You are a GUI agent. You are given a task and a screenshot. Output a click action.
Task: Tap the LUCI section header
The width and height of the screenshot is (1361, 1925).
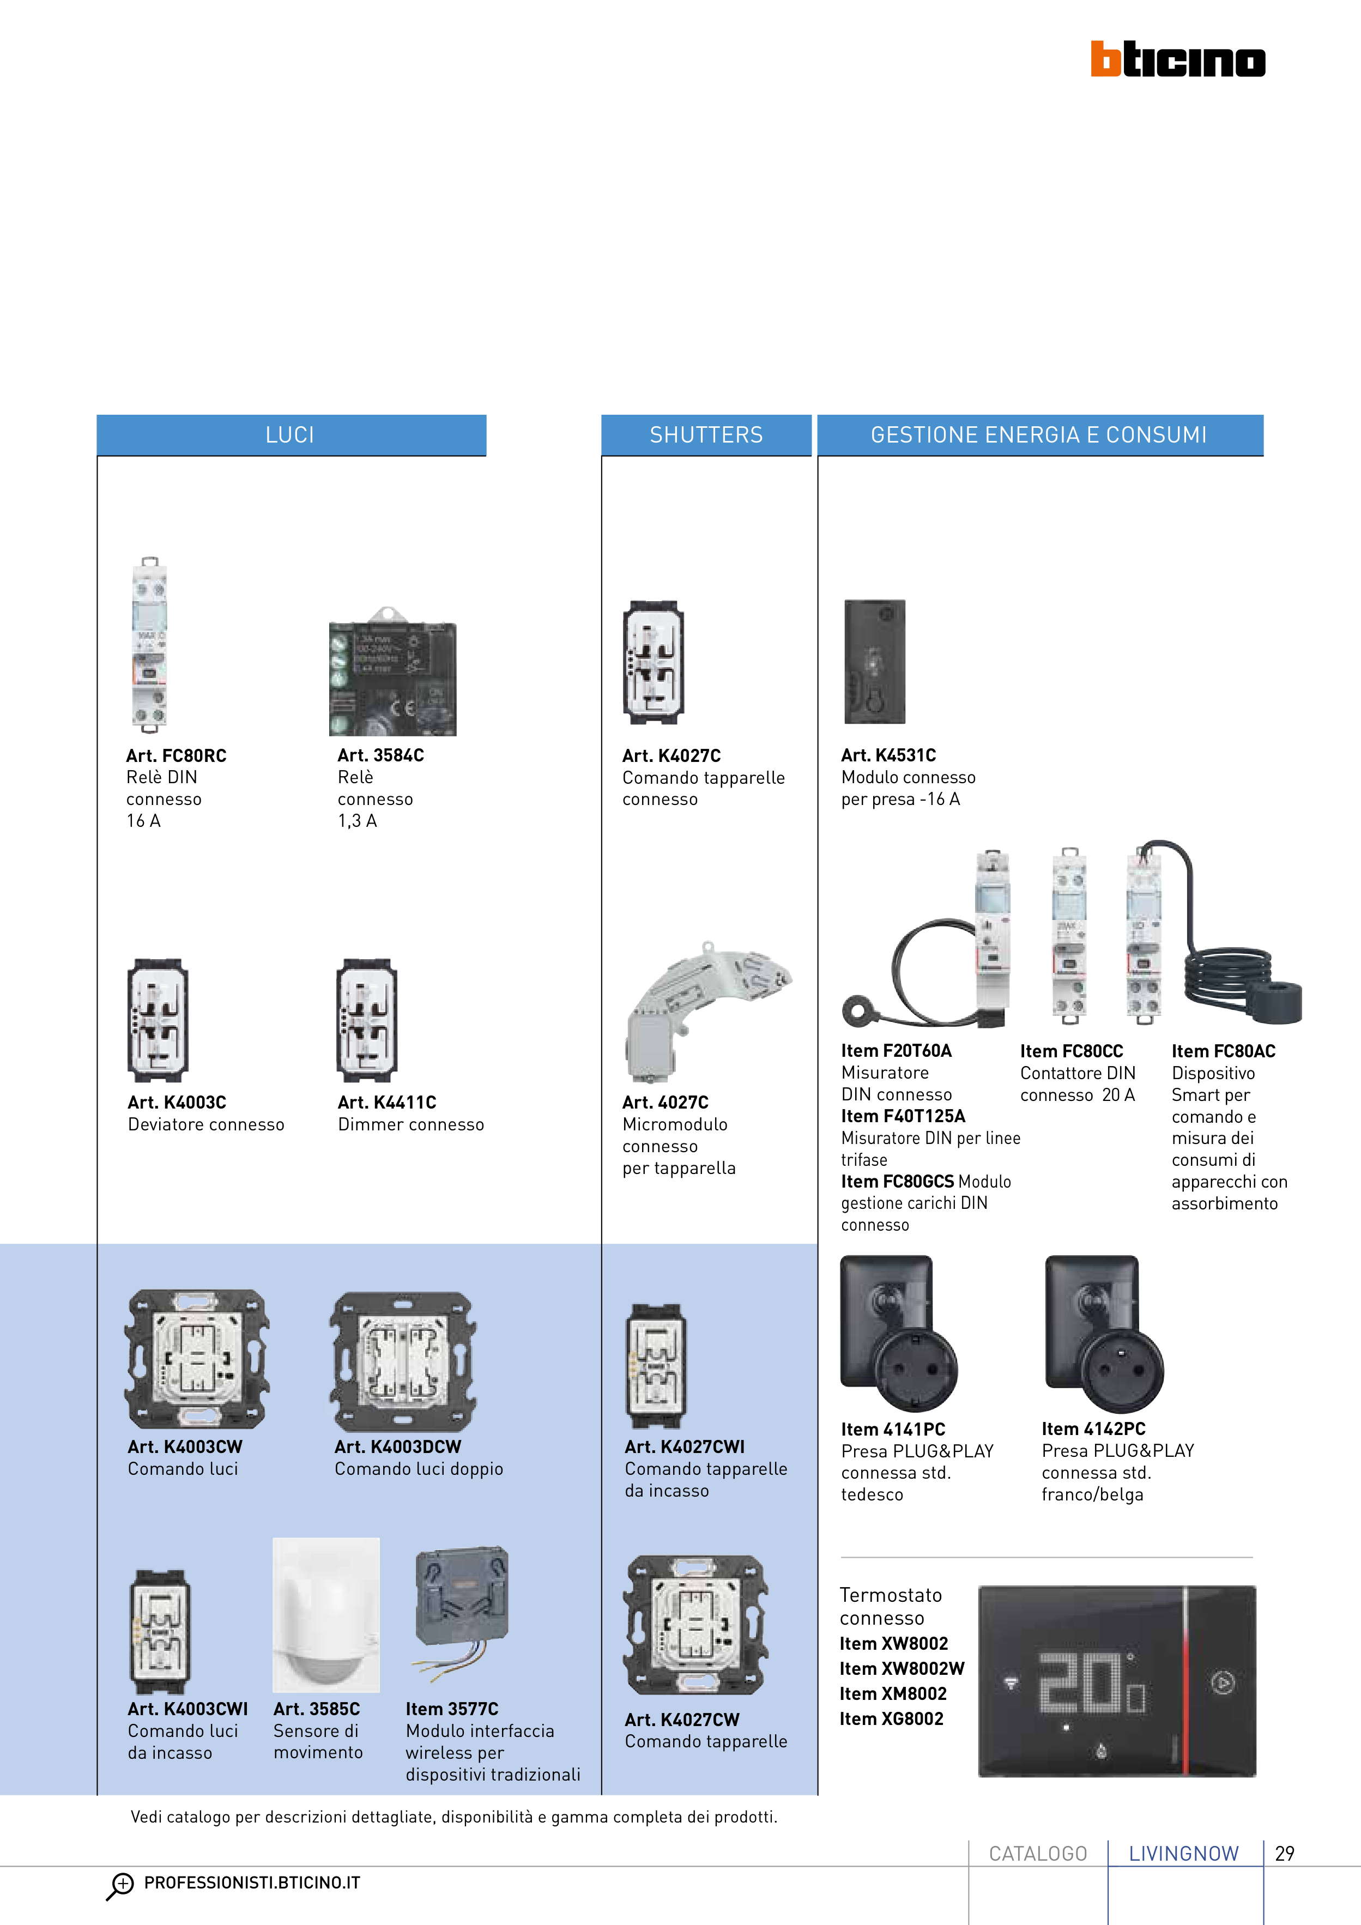(x=290, y=435)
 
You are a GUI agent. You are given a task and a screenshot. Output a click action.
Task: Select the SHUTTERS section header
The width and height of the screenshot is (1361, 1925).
(x=706, y=435)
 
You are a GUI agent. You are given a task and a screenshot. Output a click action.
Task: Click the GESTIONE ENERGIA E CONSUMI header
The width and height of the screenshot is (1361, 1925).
(x=1039, y=435)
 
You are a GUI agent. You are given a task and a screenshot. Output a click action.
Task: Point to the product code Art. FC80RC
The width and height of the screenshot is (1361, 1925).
(x=176, y=755)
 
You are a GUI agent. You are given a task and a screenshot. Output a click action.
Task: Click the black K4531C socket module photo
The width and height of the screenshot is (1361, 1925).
(x=875, y=662)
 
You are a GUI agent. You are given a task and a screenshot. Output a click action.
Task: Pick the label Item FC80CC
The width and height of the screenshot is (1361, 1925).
(x=1071, y=1051)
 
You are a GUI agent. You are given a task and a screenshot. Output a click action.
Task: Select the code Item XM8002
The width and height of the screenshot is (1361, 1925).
(x=893, y=1693)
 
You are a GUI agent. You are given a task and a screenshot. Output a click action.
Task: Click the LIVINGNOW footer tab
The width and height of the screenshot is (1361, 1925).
(x=1183, y=1854)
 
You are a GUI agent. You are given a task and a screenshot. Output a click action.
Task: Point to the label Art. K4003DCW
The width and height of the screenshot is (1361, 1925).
(x=397, y=1446)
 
